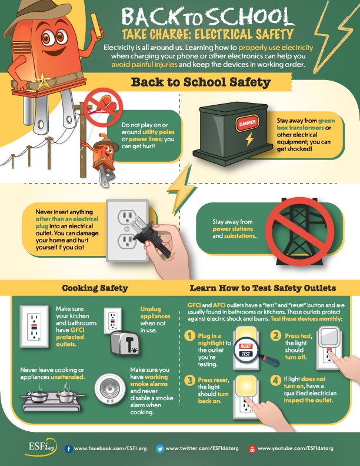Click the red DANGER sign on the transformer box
click(x=247, y=122)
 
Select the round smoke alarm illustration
click(x=110, y=390)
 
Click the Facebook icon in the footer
click(x=69, y=448)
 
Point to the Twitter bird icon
click(x=160, y=448)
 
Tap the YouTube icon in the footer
click(x=252, y=448)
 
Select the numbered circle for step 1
click(x=189, y=336)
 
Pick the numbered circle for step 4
click(x=276, y=380)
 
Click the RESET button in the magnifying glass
click(x=246, y=346)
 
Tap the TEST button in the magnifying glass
click(x=246, y=354)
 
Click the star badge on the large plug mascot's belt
click(x=43, y=81)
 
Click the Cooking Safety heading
click(x=95, y=288)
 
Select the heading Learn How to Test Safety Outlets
click(x=263, y=288)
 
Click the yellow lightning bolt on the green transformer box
click(x=249, y=139)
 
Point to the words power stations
click(x=233, y=229)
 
